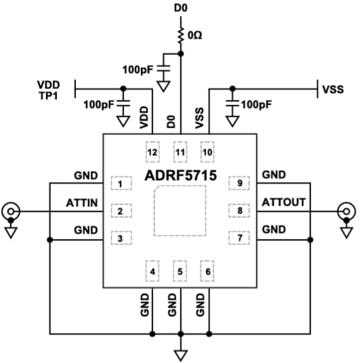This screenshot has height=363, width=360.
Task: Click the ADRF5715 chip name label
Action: coord(180,176)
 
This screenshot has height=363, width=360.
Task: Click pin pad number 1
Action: coord(120,184)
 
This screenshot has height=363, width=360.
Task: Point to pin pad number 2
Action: coord(120,211)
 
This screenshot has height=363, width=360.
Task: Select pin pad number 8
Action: coord(239,211)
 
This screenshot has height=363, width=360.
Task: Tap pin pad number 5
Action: coord(180,272)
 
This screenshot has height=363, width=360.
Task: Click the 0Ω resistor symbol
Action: coord(180,35)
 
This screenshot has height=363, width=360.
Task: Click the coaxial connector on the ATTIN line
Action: coord(12,212)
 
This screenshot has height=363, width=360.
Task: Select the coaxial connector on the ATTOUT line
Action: coord(348,212)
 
